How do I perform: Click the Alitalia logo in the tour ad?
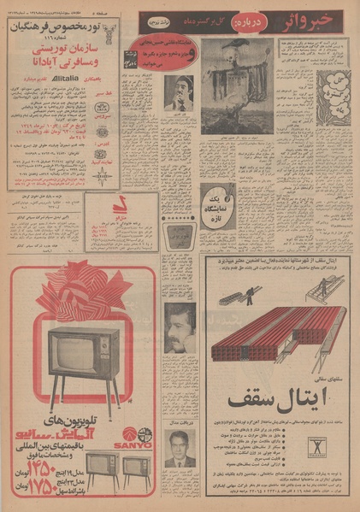pos(61,75)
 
